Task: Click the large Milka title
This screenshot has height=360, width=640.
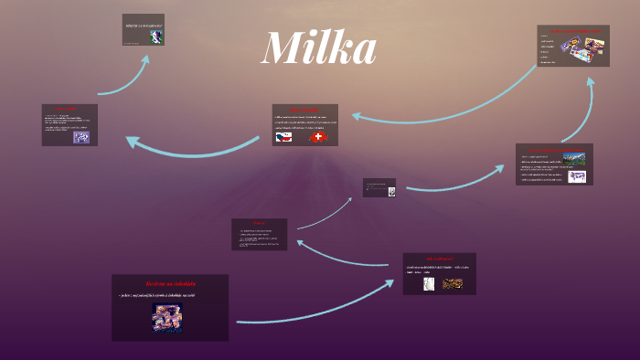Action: pyautogui.click(x=318, y=48)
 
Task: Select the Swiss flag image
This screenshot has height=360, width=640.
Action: pyautogui.click(x=318, y=137)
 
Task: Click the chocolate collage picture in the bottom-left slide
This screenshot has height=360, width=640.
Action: pyautogui.click(x=167, y=318)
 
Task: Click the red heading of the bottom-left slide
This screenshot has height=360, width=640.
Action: pyautogui.click(x=170, y=283)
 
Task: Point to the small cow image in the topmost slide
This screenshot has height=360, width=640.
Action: pyautogui.click(x=156, y=37)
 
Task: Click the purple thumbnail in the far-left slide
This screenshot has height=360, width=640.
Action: pyautogui.click(x=81, y=137)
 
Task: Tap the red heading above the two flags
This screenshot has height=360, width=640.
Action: pyautogui.click(x=304, y=111)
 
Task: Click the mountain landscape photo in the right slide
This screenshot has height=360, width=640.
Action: pyautogui.click(x=576, y=159)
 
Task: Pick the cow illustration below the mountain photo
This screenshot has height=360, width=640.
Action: pyautogui.click(x=576, y=175)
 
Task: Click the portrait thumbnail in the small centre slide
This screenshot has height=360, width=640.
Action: pyautogui.click(x=390, y=191)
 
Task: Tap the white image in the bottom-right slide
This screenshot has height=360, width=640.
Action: pyautogui.click(x=427, y=283)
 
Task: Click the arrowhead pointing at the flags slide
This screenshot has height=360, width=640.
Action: pyautogui.click(x=357, y=116)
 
